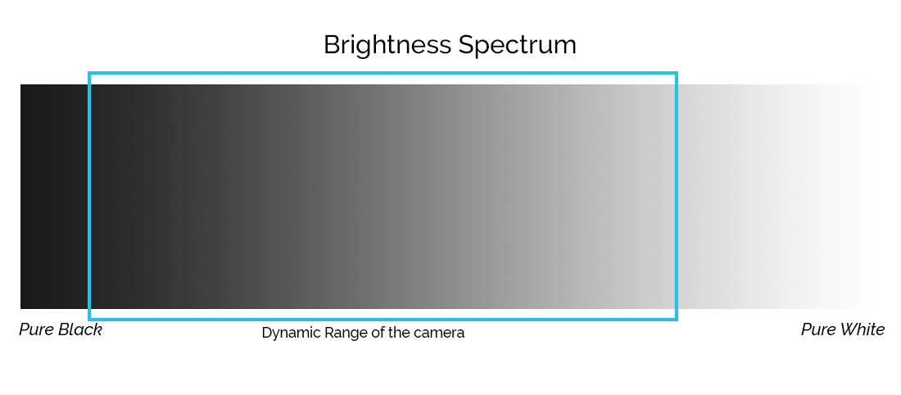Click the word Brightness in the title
pyautogui.click(x=388, y=46)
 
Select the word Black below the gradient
pyautogui.click(x=81, y=329)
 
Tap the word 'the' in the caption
pyautogui.click(x=398, y=333)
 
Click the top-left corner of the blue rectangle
pyautogui.click(x=89, y=73)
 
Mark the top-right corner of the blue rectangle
pyautogui.click(x=677, y=73)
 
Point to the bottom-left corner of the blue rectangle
pyautogui.click(x=89, y=319)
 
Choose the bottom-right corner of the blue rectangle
pyautogui.click(x=677, y=319)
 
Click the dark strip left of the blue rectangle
pyautogui.click(x=54, y=197)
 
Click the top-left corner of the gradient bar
pyautogui.click(x=20, y=84)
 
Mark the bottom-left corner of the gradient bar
pyautogui.click(x=20, y=309)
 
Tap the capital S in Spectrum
pyautogui.click(x=467, y=45)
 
